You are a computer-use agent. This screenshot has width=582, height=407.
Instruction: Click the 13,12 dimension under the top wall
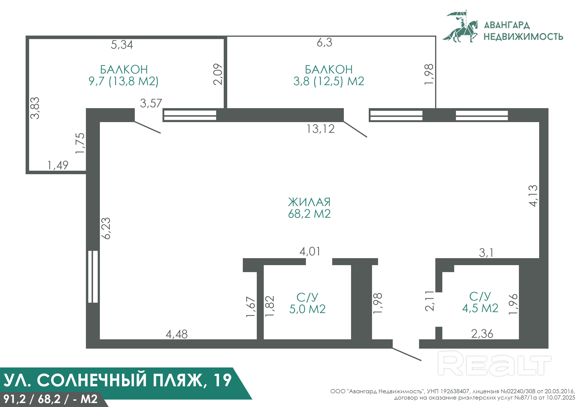coord(320,129)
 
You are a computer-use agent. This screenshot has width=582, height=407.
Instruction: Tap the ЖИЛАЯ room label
coord(309,202)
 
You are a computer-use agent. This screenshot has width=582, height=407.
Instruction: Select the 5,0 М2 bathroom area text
coord(308,309)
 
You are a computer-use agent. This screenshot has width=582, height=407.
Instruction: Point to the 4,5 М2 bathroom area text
coord(480,308)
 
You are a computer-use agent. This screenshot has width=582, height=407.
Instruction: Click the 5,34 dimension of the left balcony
coord(122,45)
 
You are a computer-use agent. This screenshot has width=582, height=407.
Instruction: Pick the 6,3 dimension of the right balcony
coord(325,42)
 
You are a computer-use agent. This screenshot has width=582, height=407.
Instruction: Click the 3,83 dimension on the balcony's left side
coord(35,108)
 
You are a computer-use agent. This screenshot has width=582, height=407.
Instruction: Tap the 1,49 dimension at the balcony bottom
coord(58,165)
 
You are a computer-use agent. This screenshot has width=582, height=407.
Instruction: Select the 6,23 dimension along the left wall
coord(106,228)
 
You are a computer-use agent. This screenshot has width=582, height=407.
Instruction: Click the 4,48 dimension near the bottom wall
coord(177,334)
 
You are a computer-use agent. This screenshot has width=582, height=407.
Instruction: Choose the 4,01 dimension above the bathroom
coord(310,251)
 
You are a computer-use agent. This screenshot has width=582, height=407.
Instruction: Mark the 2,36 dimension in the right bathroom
coord(482,334)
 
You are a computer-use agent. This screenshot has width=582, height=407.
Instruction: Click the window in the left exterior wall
coord(93,277)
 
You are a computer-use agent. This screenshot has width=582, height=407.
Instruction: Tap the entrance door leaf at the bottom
coord(407,354)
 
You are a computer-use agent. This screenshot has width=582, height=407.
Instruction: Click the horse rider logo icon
coord(460,26)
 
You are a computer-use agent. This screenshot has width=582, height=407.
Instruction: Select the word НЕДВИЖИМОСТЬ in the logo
coord(523,37)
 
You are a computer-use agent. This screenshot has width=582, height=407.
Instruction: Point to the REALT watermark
coord(494,363)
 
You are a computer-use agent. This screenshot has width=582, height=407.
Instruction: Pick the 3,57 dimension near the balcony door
coord(151,103)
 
